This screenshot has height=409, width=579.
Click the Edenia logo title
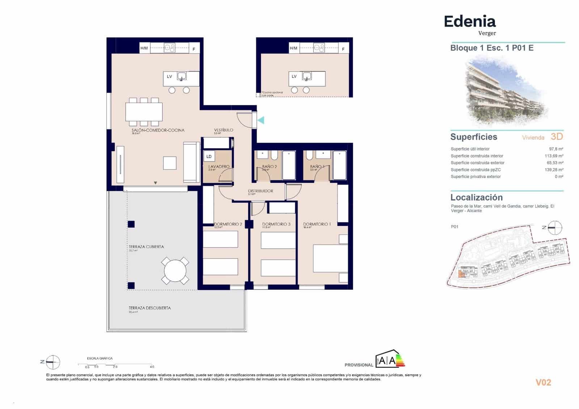[469, 22]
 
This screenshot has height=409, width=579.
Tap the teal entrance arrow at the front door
[261, 120]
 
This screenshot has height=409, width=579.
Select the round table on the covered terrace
[175, 271]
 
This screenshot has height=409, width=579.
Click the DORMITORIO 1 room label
[317, 224]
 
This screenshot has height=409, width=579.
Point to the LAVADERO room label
[219, 166]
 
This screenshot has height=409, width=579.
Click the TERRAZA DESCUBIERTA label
[149, 308]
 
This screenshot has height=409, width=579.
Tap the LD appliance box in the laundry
[209, 156]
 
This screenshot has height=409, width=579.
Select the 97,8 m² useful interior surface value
[556, 149]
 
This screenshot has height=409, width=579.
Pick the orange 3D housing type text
[557, 136]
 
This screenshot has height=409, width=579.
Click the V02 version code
[543, 383]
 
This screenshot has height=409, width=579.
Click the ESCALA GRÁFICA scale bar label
[100, 358]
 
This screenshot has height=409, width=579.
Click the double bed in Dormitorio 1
[330, 258]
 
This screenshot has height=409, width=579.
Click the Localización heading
[476, 197]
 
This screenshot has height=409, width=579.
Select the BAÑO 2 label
[269, 166]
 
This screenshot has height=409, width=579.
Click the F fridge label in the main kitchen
[194, 49]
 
